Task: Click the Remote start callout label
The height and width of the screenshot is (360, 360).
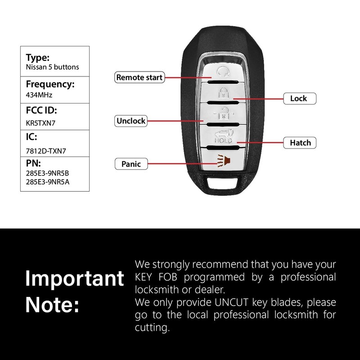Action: tap(139, 77)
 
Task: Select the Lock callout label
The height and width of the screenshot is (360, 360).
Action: tap(298, 98)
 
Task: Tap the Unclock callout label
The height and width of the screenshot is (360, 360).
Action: tap(131, 121)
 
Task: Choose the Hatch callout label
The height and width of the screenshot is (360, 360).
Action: tap(300, 143)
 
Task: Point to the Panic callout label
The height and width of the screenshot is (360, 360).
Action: tap(131, 164)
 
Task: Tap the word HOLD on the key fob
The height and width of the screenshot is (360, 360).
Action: tap(223, 141)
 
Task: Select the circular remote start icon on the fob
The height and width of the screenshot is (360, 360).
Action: tap(222, 71)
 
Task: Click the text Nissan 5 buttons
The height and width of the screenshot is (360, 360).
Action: tap(52, 67)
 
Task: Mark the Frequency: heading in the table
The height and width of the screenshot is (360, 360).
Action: tap(49, 84)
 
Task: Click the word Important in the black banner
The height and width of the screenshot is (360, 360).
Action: tap(74, 279)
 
